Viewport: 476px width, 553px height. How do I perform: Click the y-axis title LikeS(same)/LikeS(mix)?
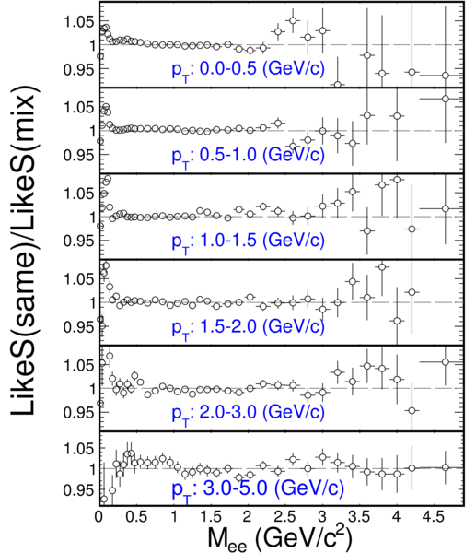pyautogui.click(x=24, y=250)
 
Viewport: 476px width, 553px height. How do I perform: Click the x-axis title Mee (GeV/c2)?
pyautogui.click(x=279, y=538)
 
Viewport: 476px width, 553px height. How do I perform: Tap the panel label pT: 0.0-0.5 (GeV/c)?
pyautogui.click(x=248, y=70)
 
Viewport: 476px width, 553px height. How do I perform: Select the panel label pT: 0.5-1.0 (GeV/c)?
pyautogui.click(x=248, y=156)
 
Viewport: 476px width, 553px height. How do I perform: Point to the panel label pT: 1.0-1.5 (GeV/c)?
pyautogui.click(x=248, y=241)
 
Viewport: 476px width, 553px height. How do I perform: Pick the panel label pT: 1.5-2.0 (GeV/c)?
pyautogui.click(x=248, y=327)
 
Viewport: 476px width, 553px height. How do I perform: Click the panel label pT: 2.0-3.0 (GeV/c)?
pyautogui.click(x=248, y=413)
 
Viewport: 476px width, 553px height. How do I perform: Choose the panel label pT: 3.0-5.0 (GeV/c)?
pyautogui.click(x=258, y=490)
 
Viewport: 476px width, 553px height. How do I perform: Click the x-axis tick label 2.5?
pyautogui.click(x=285, y=517)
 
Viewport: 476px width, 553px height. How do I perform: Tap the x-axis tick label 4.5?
pyautogui.click(x=434, y=517)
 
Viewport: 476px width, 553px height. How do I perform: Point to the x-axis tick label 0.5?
pyautogui.click(x=136, y=517)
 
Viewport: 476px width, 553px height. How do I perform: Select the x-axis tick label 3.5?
pyautogui.click(x=360, y=517)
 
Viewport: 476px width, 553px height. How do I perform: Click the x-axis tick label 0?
pyautogui.click(x=99, y=517)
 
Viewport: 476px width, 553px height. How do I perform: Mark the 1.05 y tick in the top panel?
pyautogui.click(x=79, y=22)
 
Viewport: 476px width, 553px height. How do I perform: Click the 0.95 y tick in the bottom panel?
pyautogui.click(x=79, y=490)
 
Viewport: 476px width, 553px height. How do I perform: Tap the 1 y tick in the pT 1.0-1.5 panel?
pyautogui.click(x=92, y=217)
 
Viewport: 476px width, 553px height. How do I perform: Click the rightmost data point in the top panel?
pyautogui.click(x=446, y=76)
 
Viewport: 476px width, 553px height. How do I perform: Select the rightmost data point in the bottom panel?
pyautogui.click(x=446, y=467)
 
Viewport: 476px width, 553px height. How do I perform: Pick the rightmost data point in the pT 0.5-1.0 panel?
pyautogui.click(x=446, y=99)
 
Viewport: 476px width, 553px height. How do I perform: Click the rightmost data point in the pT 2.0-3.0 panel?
pyautogui.click(x=446, y=362)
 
